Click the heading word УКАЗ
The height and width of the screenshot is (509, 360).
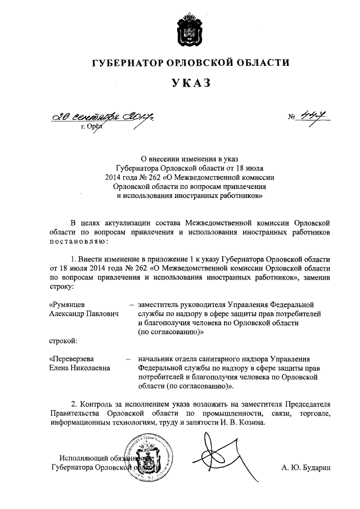(191, 84)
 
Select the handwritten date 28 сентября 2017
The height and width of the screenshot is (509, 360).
(103, 117)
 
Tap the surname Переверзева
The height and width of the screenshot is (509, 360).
(72, 358)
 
